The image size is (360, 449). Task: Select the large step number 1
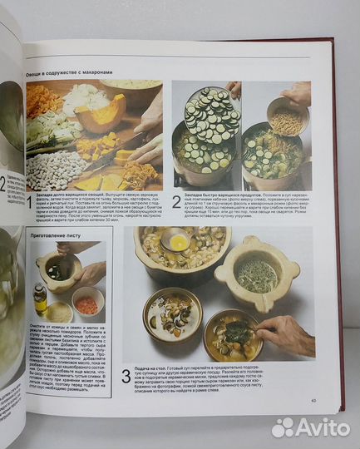(x=29, y=201)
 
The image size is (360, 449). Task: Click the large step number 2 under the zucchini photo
(x=176, y=201)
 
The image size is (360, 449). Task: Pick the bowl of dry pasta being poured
(x=285, y=116)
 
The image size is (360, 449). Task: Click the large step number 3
(x=126, y=377)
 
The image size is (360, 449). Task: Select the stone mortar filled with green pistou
(x=256, y=274)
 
